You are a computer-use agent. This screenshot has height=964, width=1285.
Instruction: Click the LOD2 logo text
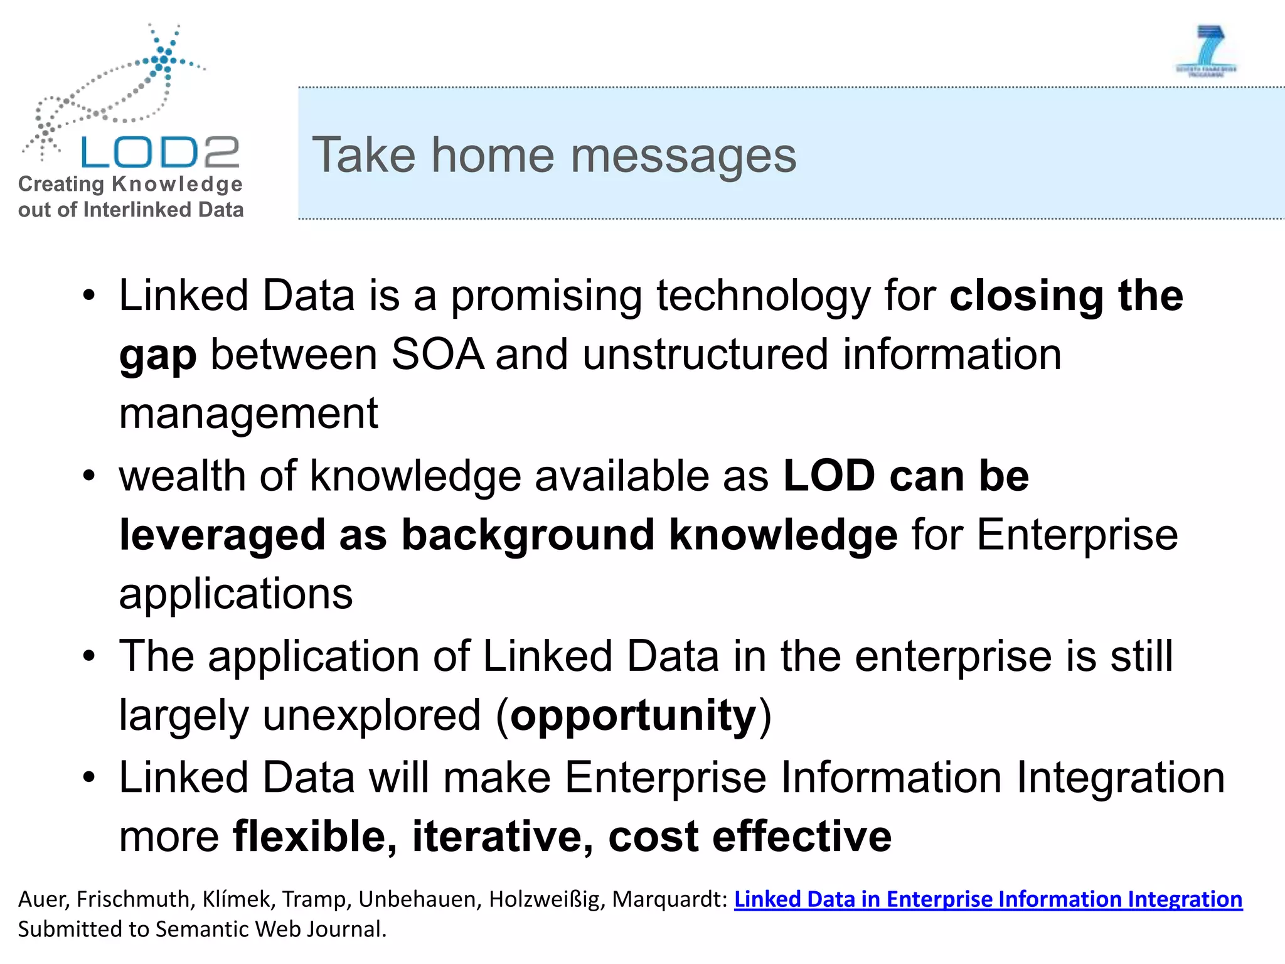[160, 152]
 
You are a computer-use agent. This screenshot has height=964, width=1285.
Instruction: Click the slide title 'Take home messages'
[554, 155]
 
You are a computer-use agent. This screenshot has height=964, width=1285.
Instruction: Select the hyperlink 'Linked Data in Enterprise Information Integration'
[988, 899]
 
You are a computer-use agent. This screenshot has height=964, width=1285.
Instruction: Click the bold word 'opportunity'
[633, 715]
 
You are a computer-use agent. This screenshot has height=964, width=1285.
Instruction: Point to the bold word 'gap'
[157, 356]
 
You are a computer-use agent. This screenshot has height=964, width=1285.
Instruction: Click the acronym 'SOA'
[437, 355]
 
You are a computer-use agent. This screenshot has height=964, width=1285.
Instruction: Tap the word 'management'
[248, 414]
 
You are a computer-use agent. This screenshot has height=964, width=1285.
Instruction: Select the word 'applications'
[236, 594]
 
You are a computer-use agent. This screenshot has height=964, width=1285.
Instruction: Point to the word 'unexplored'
[371, 715]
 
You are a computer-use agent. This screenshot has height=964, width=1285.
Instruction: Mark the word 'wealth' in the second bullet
[182, 476]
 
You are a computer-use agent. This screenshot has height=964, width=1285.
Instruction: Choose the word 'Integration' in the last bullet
[1121, 777]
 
